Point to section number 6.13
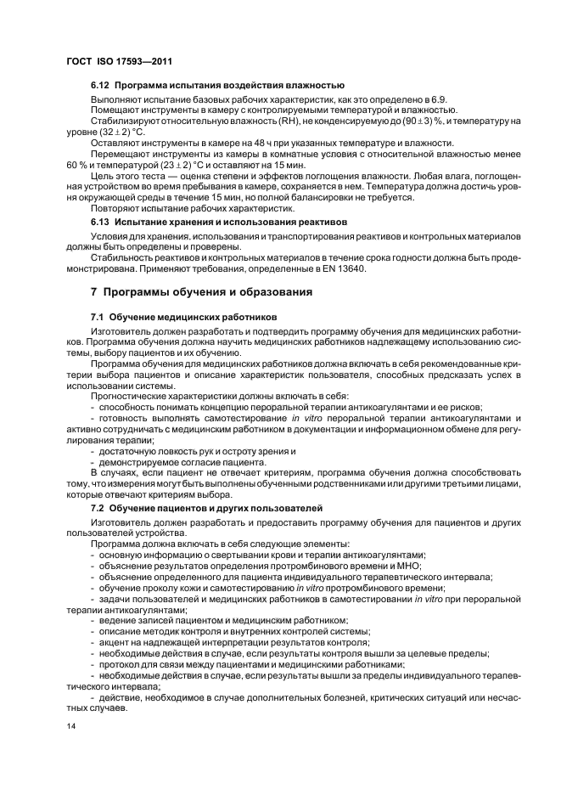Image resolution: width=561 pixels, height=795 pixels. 100,223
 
